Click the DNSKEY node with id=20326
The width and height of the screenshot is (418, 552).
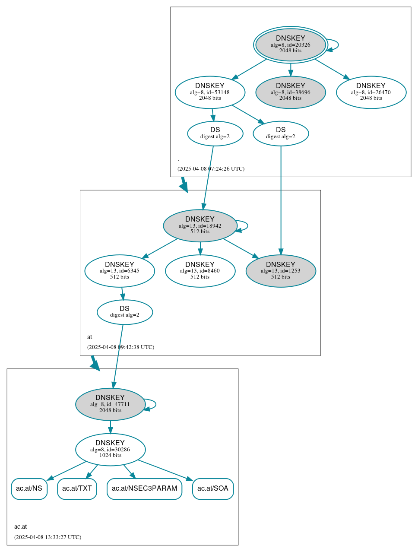coord(290,44)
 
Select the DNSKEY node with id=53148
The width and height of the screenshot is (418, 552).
coord(210,92)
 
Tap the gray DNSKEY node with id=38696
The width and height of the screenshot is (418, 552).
coord(290,92)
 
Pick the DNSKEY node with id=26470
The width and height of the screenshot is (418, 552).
coord(371,92)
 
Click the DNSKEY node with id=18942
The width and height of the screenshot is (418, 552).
coord(200,225)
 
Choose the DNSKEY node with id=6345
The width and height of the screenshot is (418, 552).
coord(120,271)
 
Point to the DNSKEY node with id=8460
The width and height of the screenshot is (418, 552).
coord(200,271)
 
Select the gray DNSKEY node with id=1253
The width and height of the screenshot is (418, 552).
coord(281,271)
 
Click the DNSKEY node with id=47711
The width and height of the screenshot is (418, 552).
coord(110,404)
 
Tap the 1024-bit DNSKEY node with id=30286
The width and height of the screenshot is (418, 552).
coord(110,449)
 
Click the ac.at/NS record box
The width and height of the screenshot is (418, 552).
coord(29,489)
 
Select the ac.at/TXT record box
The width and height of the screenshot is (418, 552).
coord(77,489)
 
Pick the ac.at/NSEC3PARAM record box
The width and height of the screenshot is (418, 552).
coord(144,489)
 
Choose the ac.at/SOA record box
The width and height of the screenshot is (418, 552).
coord(212,489)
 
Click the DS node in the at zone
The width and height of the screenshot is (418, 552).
coord(124,312)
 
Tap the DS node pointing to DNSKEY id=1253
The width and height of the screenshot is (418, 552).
coord(281,133)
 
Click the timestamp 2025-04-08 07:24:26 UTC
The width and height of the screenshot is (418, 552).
coord(211,169)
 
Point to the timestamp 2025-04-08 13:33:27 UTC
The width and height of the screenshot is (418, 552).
coord(47,537)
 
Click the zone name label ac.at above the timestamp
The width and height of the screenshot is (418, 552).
coord(20,527)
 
